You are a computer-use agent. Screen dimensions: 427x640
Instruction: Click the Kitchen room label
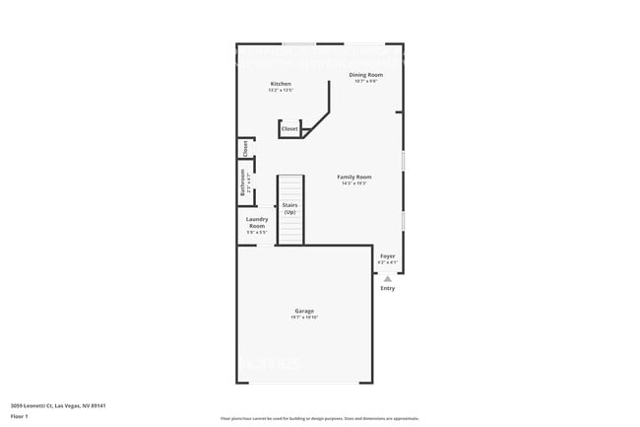click(x=281, y=84)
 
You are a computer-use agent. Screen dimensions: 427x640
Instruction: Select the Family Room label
click(x=354, y=177)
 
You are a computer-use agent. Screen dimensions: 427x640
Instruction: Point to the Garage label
click(x=304, y=311)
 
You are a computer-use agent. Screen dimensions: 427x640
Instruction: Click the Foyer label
click(x=388, y=256)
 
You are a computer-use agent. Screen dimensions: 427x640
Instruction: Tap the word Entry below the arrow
click(x=388, y=288)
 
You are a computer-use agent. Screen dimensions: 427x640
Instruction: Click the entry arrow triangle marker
click(x=388, y=279)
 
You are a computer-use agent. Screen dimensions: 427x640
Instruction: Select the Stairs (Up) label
click(x=289, y=208)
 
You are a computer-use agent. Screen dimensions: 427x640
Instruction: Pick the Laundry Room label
click(x=257, y=222)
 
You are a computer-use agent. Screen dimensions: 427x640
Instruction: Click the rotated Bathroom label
click(x=242, y=184)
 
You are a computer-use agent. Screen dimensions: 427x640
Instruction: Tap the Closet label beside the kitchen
click(x=289, y=129)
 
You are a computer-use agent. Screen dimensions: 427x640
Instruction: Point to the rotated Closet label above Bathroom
click(x=245, y=149)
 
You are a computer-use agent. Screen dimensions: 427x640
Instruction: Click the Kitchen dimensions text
click(x=281, y=91)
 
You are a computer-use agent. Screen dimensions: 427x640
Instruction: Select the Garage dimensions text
click(x=304, y=318)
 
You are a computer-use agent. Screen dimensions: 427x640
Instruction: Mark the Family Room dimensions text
click(x=354, y=183)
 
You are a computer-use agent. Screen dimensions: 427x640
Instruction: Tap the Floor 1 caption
click(x=20, y=416)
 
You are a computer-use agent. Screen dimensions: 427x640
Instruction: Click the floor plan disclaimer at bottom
click(x=319, y=418)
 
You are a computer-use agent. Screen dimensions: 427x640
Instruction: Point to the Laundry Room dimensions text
click(x=257, y=232)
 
